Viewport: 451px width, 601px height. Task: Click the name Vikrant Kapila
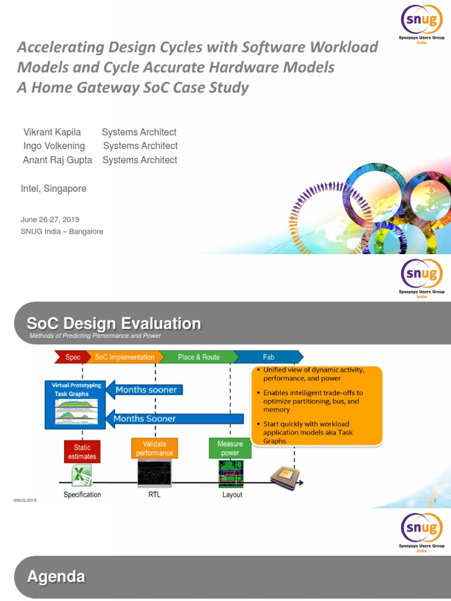[51, 132]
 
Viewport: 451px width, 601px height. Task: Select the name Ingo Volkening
[53, 146]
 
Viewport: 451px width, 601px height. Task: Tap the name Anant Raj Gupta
[56, 160]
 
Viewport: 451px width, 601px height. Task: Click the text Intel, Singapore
[53, 189]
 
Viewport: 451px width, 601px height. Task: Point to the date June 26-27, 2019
[50, 220]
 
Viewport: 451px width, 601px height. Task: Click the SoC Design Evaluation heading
[114, 323]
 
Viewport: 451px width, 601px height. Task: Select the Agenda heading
[56, 577]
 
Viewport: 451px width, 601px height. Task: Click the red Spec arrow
[72, 357]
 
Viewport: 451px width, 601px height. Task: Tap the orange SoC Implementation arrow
[124, 357]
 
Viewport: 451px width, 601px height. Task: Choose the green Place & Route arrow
[198, 357]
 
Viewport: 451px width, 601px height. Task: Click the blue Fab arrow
[268, 357]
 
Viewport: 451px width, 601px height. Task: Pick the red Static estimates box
[82, 452]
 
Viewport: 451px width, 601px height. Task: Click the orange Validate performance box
[154, 449]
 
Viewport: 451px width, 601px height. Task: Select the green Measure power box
[230, 448]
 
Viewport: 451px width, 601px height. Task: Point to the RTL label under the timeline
[154, 495]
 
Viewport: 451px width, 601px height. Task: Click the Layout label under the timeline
[232, 495]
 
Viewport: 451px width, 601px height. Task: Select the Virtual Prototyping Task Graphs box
[75, 404]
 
